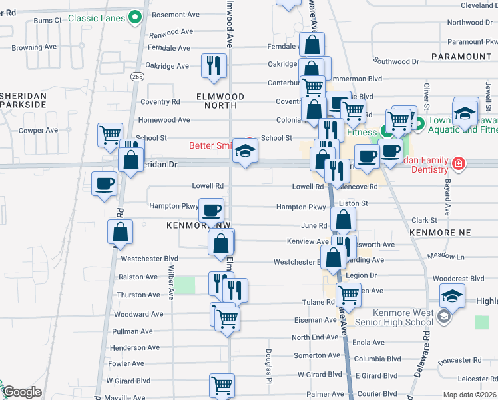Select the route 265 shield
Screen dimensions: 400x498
coord(137,77)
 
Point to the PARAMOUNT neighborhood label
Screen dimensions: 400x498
coord(461,57)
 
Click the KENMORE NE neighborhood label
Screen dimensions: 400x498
coord(440,231)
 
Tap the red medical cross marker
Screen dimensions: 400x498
coord(459,163)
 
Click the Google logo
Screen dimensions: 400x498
coord(22,392)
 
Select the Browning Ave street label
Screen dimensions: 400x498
coord(34,48)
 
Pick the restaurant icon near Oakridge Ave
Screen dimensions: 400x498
coord(214,65)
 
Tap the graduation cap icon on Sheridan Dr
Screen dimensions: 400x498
coord(245,152)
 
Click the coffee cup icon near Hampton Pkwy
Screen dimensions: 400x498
coord(212,211)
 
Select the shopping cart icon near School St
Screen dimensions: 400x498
coord(110,134)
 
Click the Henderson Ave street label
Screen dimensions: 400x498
coord(136,347)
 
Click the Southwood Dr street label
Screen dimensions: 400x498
coord(396,61)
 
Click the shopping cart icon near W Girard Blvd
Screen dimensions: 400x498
coord(222,385)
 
